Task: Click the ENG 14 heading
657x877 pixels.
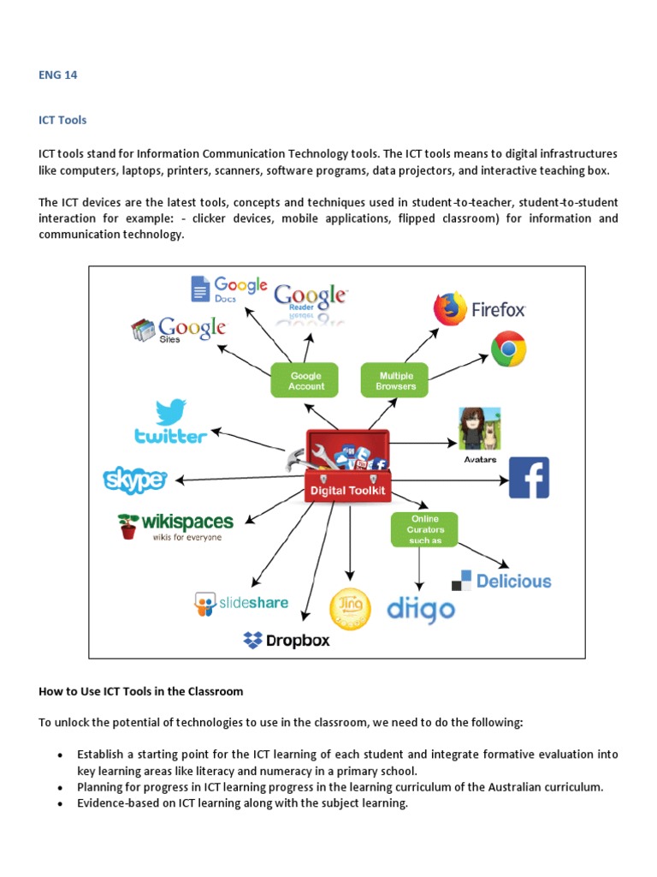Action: point(57,75)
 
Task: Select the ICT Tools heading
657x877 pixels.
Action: point(62,120)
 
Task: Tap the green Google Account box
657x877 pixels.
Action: point(305,380)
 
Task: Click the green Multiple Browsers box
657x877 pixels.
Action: point(394,380)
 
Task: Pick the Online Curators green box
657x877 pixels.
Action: point(424,529)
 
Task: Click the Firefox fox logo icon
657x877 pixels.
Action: point(450,309)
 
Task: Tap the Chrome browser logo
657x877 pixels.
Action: point(508,349)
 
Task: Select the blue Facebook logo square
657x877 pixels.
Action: point(529,478)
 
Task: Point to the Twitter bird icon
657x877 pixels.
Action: point(171,412)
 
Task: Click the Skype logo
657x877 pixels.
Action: point(134,480)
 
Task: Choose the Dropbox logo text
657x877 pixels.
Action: point(287,640)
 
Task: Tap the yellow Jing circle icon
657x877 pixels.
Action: point(350,609)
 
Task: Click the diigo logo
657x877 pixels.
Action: point(421,610)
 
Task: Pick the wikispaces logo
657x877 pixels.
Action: point(175,524)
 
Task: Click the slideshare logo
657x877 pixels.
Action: point(241,604)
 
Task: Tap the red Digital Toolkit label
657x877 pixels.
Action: point(348,492)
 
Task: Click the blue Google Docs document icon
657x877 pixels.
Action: point(200,289)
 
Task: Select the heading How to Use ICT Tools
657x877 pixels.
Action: point(141,691)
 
